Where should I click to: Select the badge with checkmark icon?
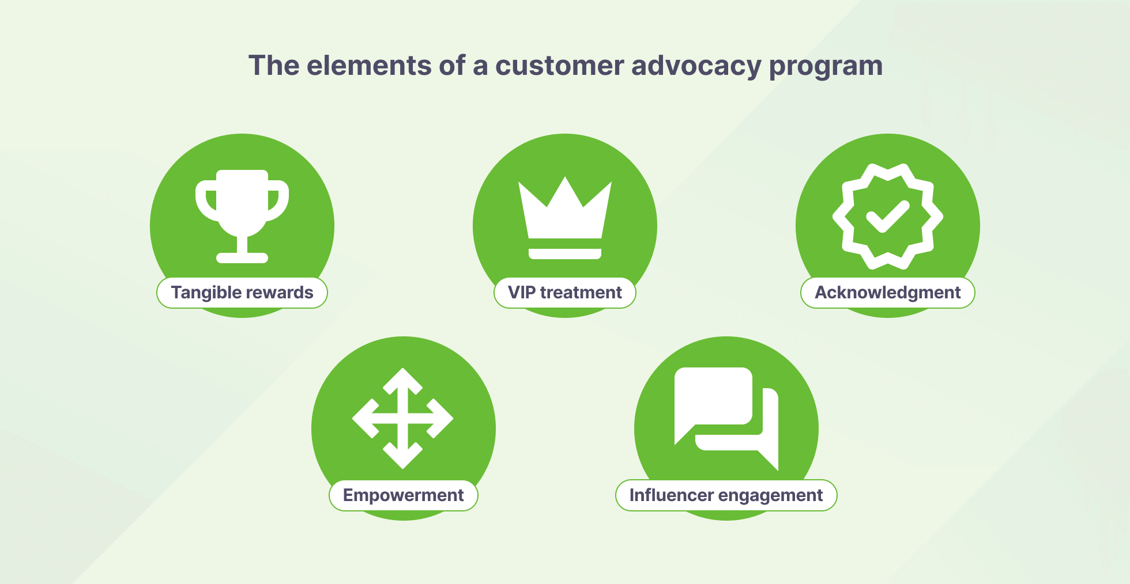[888, 217]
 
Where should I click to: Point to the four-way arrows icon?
[403, 418]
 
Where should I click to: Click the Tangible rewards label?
[242, 293]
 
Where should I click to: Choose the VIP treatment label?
[565, 293]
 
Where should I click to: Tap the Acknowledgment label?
[888, 293]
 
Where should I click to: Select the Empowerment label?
[404, 495]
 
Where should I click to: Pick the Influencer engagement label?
[726, 495]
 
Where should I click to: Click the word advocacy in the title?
[696, 66]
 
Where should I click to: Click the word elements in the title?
[369, 65]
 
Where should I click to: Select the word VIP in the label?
[522, 293]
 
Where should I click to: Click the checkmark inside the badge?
[888, 216]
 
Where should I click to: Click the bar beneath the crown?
[565, 254]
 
